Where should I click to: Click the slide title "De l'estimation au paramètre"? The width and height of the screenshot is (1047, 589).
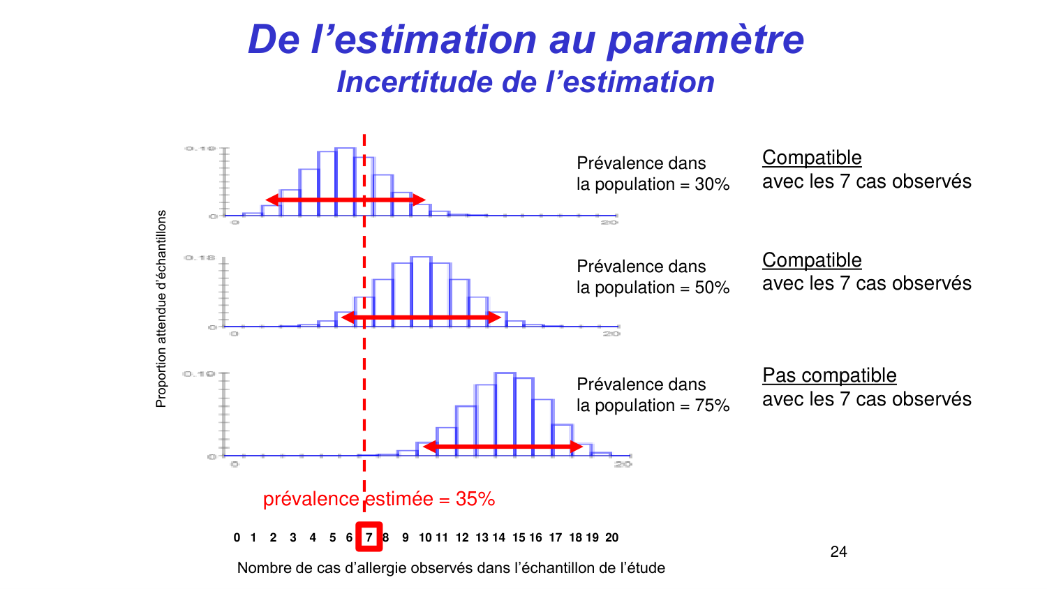pyautogui.click(x=526, y=39)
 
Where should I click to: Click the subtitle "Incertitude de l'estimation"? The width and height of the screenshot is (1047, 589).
pyautogui.click(x=526, y=82)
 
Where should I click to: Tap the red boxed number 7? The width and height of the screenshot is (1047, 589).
pyautogui.click(x=369, y=537)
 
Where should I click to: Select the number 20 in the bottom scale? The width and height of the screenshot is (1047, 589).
pyautogui.click(x=611, y=537)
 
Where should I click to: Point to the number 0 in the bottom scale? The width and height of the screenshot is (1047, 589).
pyautogui.click(x=237, y=537)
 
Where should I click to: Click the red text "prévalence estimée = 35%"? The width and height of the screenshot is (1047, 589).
pyautogui.click(x=379, y=499)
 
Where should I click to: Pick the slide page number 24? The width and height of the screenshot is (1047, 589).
pyautogui.click(x=838, y=552)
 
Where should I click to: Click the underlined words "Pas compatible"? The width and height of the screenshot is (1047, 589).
pyautogui.click(x=829, y=375)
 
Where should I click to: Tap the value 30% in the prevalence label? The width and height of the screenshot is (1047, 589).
pyautogui.click(x=712, y=184)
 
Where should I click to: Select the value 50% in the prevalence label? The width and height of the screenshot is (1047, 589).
pyautogui.click(x=712, y=288)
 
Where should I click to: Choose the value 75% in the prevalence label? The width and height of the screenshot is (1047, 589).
pyautogui.click(x=712, y=405)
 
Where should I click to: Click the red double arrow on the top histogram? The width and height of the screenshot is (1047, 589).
pyautogui.click(x=346, y=200)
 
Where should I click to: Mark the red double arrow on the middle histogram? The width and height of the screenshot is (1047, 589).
pyautogui.click(x=421, y=318)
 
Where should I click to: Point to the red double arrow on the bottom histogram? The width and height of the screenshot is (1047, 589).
pyautogui.click(x=503, y=447)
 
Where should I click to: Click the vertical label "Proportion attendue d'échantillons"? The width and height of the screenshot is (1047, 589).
pyautogui.click(x=161, y=308)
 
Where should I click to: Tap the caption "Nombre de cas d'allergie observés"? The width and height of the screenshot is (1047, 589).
pyautogui.click(x=450, y=568)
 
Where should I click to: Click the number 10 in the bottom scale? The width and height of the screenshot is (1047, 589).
pyautogui.click(x=425, y=537)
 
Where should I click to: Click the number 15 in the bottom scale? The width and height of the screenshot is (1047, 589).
pyautogui.click(x=518, y=537)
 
